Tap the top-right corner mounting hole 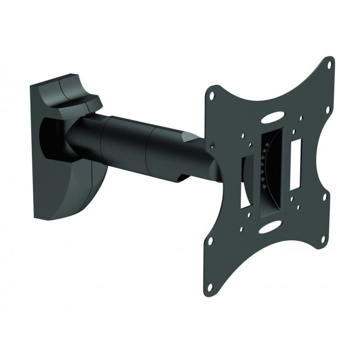click(328, 64)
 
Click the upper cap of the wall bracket click(67, 90)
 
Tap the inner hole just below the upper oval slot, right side click(294, 131)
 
